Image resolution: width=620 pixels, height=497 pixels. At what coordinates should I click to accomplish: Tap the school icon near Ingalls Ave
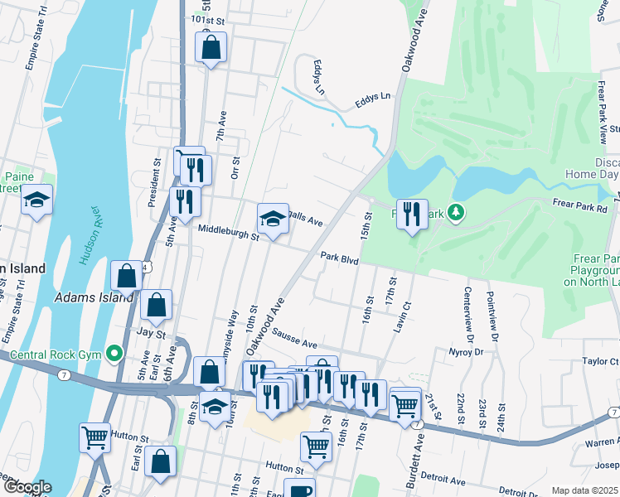pos(273,219)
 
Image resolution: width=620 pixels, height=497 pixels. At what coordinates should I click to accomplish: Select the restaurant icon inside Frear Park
pos(412,214)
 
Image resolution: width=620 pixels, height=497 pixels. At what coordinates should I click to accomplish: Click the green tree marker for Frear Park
pos(455,214)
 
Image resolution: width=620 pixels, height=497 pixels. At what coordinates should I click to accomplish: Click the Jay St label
pos(152,334)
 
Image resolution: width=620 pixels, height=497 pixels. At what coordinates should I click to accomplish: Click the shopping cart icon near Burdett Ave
pos(404,406)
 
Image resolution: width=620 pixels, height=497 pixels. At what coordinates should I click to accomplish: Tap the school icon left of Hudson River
pos(36,200)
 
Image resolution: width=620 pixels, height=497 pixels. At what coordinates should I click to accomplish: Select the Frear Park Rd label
pos(579,209)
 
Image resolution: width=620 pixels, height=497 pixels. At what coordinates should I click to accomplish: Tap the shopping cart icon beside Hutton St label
pos(95,436)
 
